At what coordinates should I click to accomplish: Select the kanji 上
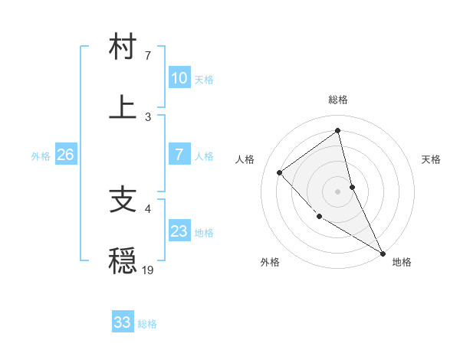click(123, 108)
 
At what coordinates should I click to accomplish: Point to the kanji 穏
click(123, 261)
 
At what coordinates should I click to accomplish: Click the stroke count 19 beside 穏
click(148, 270)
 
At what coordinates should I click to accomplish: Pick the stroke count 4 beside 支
click(148, 208)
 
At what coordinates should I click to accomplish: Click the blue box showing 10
click(179, 78)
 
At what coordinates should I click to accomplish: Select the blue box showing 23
click(179, 231)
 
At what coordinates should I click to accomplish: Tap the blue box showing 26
click(65, 155)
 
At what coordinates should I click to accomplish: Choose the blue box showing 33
click(122, 322)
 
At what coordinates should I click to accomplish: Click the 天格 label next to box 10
click(203, 80)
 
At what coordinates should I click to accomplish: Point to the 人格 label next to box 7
click(203, 156)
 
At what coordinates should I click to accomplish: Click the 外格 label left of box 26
click(41, 156)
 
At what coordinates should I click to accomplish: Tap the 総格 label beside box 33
click(147, 324)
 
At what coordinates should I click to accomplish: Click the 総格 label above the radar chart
click(338, 100)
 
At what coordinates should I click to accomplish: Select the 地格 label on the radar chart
click(402, 263)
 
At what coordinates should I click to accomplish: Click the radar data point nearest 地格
click(383, 253)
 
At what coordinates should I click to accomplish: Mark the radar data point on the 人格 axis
click(280, 172)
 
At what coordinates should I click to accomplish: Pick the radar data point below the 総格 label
click(338, 130)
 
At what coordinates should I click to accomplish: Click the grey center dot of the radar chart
click(338, 191)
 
